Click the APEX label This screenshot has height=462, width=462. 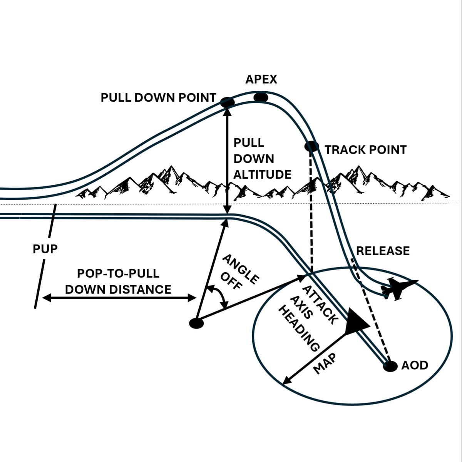[x=261, y=79]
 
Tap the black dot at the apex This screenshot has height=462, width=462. [x=261, y=97]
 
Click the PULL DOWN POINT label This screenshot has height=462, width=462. [x=158, y=97]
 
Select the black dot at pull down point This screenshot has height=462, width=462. [x=227, y=102]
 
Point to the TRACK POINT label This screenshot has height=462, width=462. [x=365, y=150]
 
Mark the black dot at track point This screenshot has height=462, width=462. [x=311, y=146]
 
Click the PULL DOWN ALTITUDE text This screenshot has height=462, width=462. [x=262, y=159]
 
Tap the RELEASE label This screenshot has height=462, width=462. [x=383, y=251]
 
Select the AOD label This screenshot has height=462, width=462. [x=415, y=365]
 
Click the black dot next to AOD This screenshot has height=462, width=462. [x=390, y=366]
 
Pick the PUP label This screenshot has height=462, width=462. [x=45, y=249]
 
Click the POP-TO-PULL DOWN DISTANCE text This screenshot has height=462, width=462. [x=118, y=281]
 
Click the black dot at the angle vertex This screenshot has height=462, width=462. [x=196, y=323]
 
